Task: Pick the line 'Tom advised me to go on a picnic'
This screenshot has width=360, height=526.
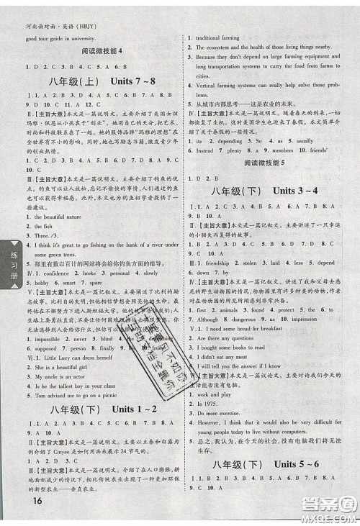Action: click(x=69, y=394)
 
